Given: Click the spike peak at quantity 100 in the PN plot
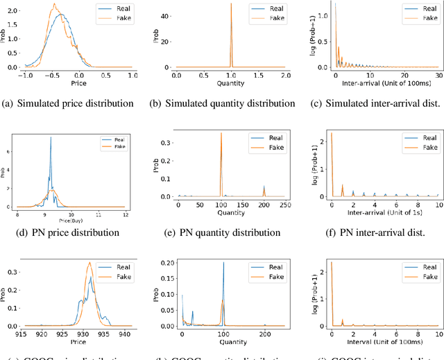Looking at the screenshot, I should coord(221,133).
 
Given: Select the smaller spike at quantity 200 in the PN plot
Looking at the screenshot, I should coord(264,186).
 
